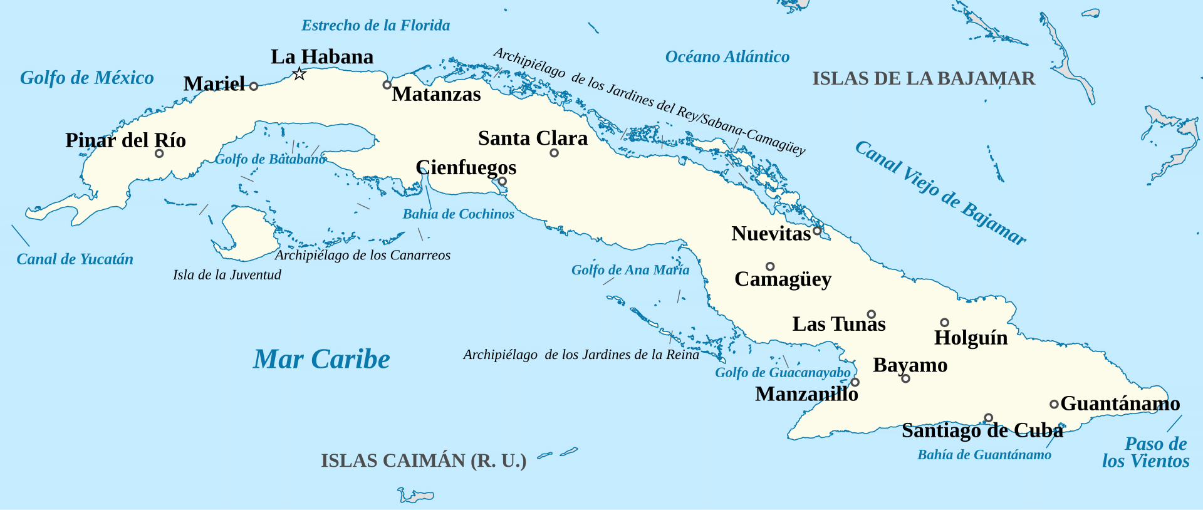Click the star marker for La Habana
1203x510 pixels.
[299, 74]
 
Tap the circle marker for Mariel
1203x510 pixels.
[254, 86]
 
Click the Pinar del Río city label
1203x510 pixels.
[125, 140]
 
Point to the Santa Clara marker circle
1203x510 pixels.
[554, 153]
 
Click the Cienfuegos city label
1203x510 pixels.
[466, 167]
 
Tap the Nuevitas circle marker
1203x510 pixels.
[817, 231]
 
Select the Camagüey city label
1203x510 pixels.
[783, 279]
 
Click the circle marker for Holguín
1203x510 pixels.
[944, 323]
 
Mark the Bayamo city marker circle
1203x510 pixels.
[905, 378]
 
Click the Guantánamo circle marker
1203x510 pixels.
[1054, 405]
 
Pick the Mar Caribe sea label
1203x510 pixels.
[321, 359]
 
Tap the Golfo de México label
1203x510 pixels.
[87, 78]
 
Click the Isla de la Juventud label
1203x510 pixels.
[227, 274]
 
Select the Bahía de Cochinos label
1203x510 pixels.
[458, 214]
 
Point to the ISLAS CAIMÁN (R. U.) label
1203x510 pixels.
[424, 461]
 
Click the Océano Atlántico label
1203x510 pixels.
[727, 57]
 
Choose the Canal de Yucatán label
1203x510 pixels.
[75, 259]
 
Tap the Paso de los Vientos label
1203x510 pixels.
[1147, 452]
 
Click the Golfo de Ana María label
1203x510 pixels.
[630, 270]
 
